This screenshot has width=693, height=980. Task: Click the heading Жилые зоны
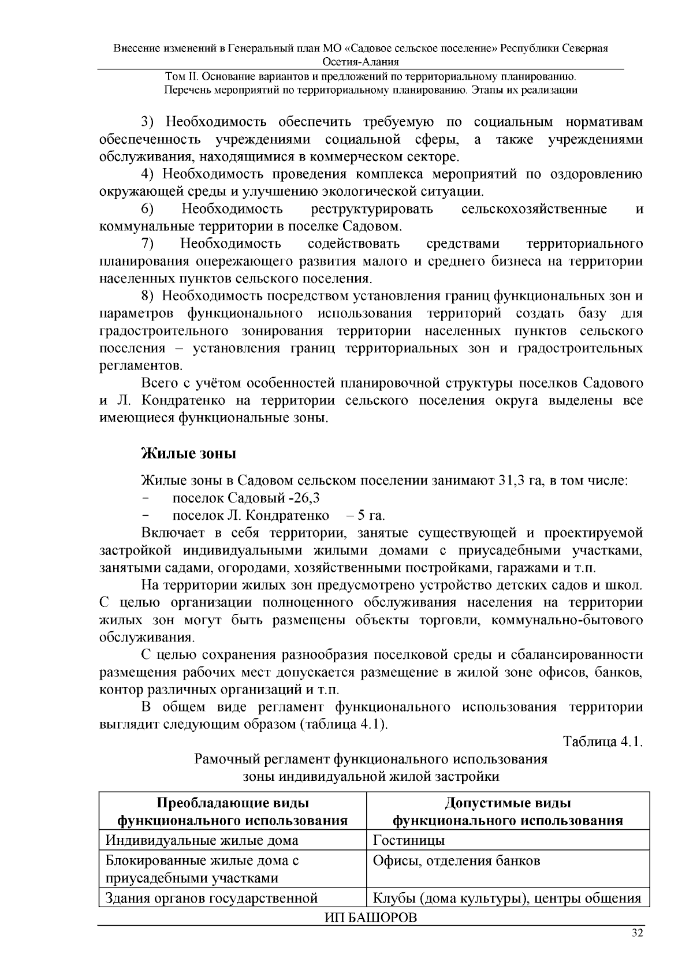pyautogui.click(x=189, y=453)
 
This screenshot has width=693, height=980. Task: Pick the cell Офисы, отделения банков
pyautogui.click(x=456, y=861)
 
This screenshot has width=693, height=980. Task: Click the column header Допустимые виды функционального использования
pyautogui.click(x=508, y=812)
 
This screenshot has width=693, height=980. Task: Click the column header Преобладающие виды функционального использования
pyautogui.click(x=233, y=812)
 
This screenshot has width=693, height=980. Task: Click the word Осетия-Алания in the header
pyautogui.click(x=361, y=62)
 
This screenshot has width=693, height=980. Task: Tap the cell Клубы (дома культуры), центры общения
pyautogui.click(x=507, y=898)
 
